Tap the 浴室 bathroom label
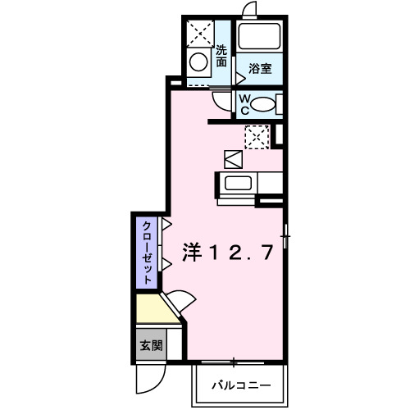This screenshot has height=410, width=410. coord(261,70)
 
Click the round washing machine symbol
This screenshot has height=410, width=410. coord(198,61)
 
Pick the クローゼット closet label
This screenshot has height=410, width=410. coord(145,252)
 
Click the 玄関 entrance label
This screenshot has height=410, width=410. coord(149,346)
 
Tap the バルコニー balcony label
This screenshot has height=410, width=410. coord(241,385)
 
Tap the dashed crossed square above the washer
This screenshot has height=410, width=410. coord(199,32)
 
